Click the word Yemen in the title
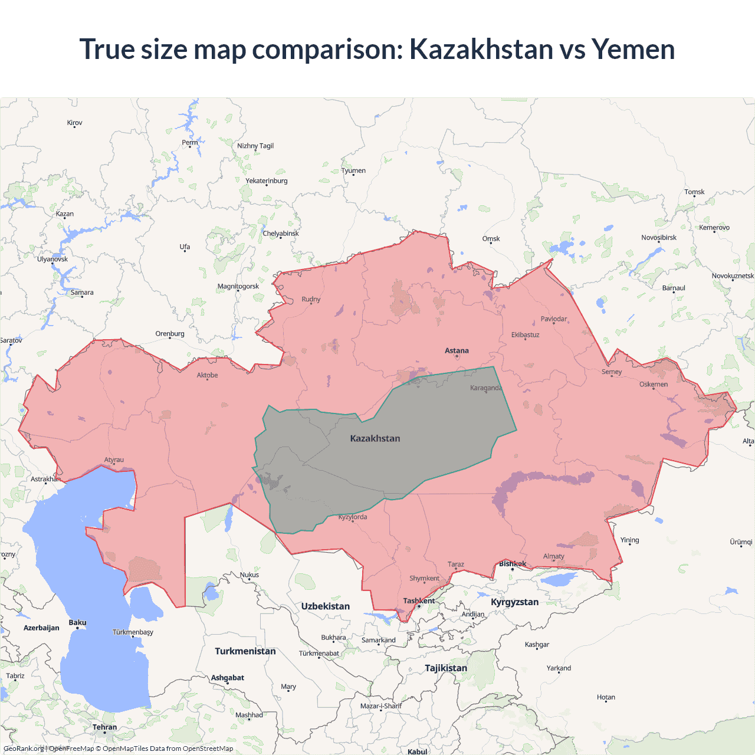[x=633, y=49]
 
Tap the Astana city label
[x=457, y=350]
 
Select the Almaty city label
[x=553, y=556]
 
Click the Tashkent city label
[x=419, y=600]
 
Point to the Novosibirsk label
[x=659, y=238]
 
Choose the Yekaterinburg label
[x=267, y=181]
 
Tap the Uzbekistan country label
[x=325, y=606]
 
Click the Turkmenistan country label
[x=245, y=651]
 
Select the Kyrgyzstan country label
[x=514, y=602]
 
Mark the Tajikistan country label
[x=446, y=668]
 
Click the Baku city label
[x=77, y=623]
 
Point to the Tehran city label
[x=104, y=727]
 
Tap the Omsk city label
[x=491, y=239]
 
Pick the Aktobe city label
[x=207, y=375]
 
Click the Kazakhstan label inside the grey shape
[x=375, y=438]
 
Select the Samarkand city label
[x=379, y=640]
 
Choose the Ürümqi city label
[x=741, y=542]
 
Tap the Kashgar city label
[x=537, y=645]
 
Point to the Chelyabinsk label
[x=281, y=234]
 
